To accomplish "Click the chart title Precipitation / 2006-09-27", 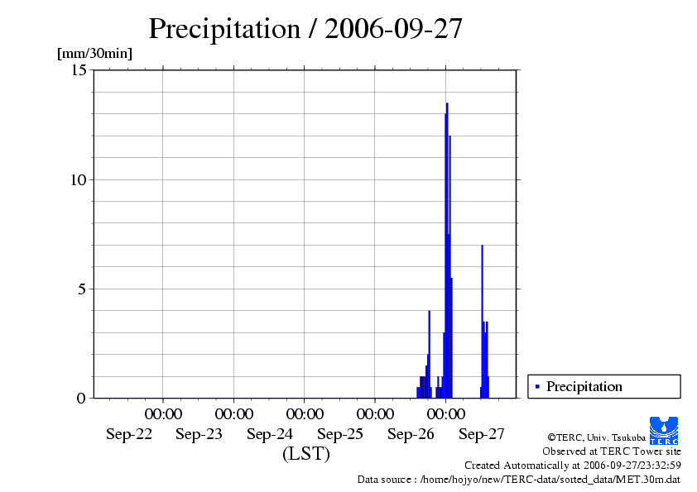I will click(x=305, y=29).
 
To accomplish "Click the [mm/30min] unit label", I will click(x=94, y=54).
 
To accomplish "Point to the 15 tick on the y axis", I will click(x=79, y=70).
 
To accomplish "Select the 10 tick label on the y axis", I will click(x=79, y=179).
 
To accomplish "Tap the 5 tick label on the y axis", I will click(x=81, y=289).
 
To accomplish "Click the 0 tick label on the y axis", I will click(x=81, y=398).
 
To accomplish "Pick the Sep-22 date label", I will click(x=129, y=434).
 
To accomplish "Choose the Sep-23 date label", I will click(x=199, y=434).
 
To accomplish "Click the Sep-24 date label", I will click(x=270, y=434).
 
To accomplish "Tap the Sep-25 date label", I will click(x=340, y=434).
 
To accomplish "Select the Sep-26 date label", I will click(x=411, y=434).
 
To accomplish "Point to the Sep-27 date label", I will click(x=482, y=434).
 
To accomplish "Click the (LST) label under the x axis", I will click(x=305, y=454).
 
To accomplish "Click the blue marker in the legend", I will click(x=537, y=386).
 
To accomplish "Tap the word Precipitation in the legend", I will click(x=584, y=386).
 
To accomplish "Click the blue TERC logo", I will click(x=664, y=430).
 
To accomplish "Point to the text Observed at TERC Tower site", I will click(x=611, y=451).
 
